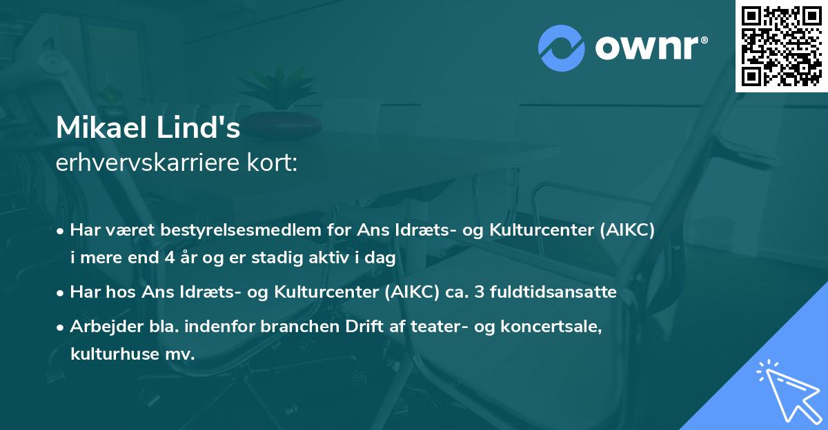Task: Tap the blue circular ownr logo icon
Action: click(x=562, y=48)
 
